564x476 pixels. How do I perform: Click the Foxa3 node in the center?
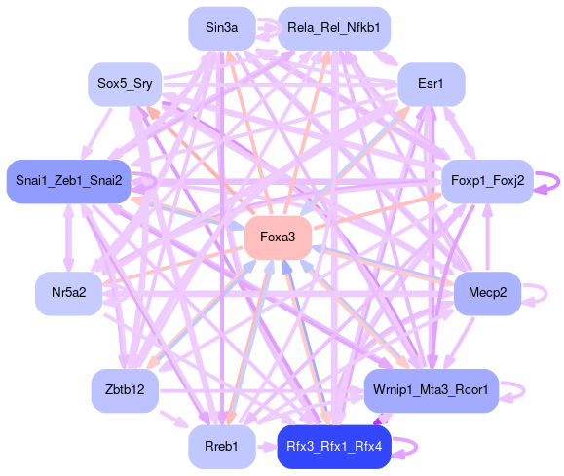[x=278, y=238]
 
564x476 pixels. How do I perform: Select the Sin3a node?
[x=222, y=28]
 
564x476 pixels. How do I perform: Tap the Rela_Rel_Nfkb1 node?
[x=334, y=28]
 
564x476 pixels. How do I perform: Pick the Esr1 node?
[x=432, y=85]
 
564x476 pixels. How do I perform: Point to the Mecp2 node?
[x=487, y=294]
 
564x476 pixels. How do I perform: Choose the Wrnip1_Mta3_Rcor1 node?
[x=432, y=390]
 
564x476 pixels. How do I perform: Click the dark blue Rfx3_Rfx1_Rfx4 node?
[x=334, y=447]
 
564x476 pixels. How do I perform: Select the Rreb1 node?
[x=222, y=447]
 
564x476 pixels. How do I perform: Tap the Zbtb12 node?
[x=125, y=390]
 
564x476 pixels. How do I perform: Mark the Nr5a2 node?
[x=69, y=294]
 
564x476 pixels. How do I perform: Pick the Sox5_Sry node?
[x=125, y=85]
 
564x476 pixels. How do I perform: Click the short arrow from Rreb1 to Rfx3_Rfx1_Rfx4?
[x=267, y=447]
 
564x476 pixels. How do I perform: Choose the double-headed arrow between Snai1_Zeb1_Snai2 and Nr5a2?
[x=69, y=238]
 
